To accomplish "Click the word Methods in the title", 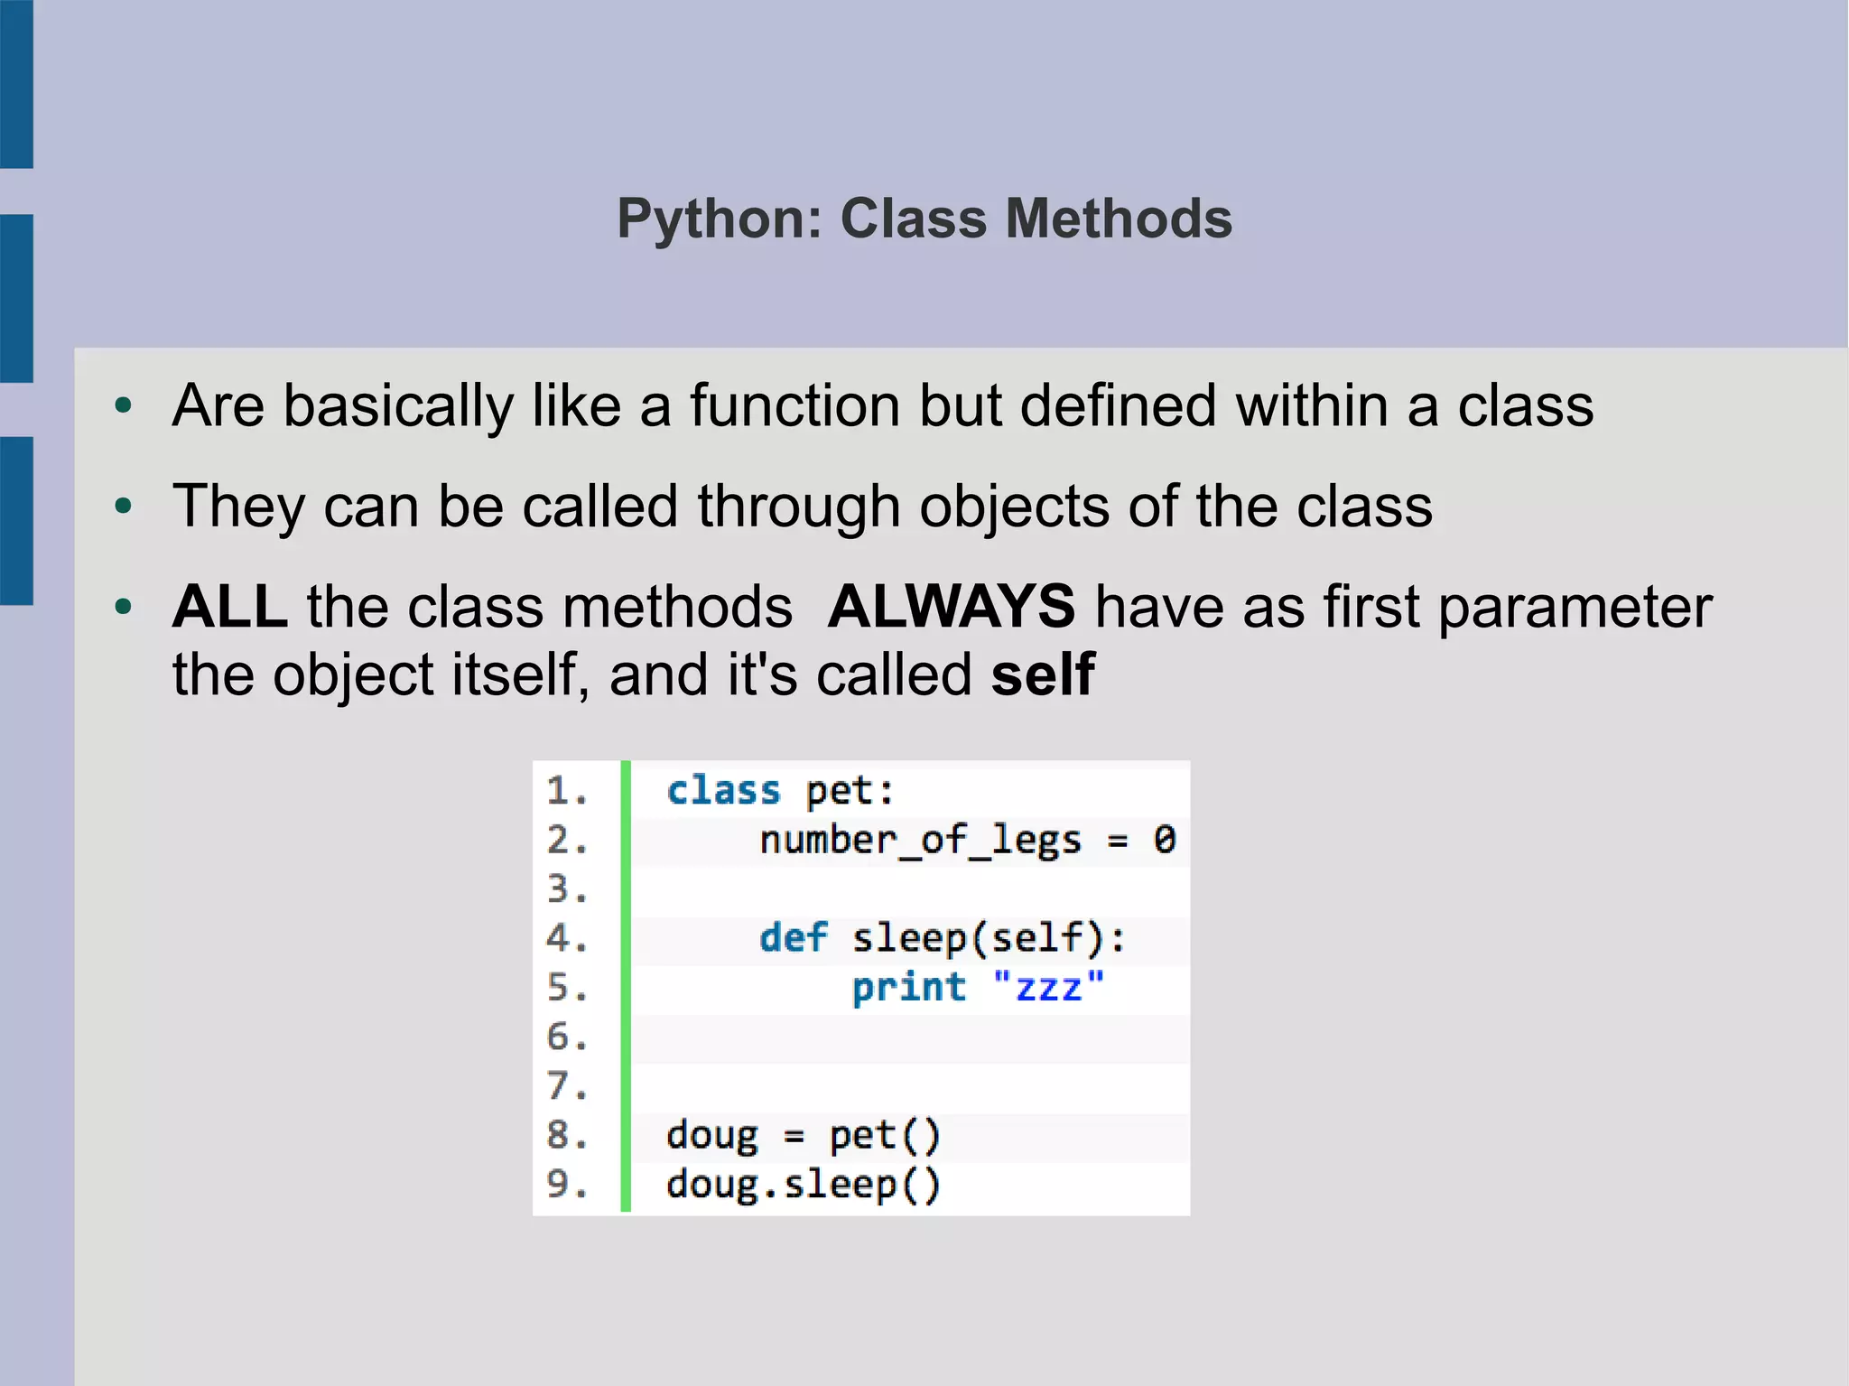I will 1119,219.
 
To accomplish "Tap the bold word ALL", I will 229,606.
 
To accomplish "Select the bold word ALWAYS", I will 952,606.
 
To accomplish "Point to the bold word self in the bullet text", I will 1043,674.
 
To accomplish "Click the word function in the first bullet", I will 795,405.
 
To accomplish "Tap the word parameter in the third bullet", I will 1575,606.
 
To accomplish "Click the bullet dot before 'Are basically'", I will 124,406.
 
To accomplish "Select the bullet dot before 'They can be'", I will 124,507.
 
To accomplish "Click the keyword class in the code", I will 723,791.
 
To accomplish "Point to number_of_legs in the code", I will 920,841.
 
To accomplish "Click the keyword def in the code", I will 793,938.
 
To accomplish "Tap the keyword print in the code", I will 908,988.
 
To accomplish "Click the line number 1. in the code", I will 567,791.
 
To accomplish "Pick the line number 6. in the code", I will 567,1037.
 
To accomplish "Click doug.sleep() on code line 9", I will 804,1185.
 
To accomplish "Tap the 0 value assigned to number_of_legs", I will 1165,841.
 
